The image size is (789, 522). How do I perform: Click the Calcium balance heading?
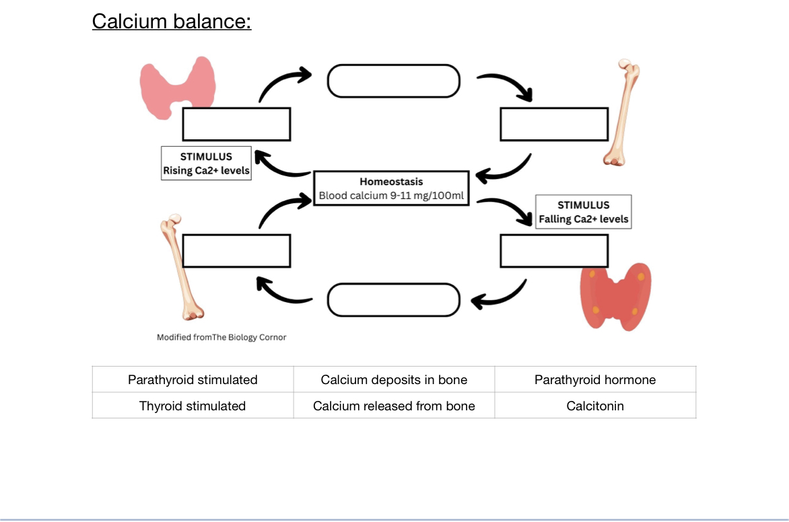coord(172,22)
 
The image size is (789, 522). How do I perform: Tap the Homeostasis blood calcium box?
coord(391,188)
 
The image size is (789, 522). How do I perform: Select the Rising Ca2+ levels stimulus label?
coord(206,163)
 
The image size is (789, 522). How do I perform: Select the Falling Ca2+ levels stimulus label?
coord(583,212)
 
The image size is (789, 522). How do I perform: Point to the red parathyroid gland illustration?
coord(615,296)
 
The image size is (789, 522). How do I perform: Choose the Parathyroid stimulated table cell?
coord(193,380)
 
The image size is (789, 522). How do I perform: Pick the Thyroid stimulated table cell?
coord(193,406)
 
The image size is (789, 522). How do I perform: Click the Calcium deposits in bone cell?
coord(394,380)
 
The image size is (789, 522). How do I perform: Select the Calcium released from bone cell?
coord(394,406)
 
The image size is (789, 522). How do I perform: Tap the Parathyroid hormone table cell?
coord(595,380)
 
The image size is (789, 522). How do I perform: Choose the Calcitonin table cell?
coord(595,406)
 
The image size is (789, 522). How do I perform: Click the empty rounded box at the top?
coord(394,81)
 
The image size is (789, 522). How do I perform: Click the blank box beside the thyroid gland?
coord(236,124)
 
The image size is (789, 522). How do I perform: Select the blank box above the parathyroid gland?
coord(554,251)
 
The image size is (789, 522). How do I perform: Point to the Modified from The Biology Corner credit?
coord(221,337)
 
